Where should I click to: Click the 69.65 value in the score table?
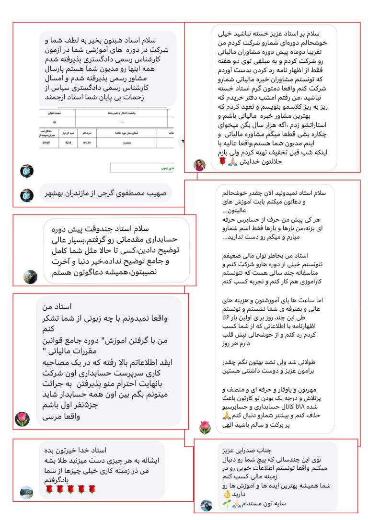(x=46, y=142)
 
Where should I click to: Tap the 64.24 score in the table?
(x=87, y=142)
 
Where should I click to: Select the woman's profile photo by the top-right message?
(x=199, y=165)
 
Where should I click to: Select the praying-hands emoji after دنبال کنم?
(x=227, y=415)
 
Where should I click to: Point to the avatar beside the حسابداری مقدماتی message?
(x=30, y=276)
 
